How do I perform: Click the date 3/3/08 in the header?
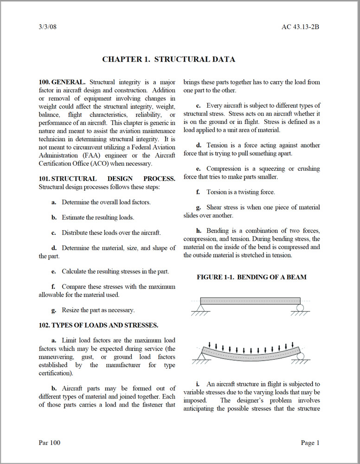click(x=48, y=26)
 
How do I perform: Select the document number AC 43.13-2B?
click(x=300, y=26)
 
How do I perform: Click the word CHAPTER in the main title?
click(x=122, y=59)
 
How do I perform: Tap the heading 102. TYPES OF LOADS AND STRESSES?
click(x=98, y=325)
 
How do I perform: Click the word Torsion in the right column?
click(x=218, y=192)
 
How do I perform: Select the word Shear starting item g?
click(x=215, y=207)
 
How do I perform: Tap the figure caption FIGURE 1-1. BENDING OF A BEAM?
click(x=251, y=277)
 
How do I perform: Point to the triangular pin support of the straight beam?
click(x=201, y=307)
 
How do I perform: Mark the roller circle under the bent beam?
click(x=300, y=356)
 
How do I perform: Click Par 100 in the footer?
click(x=49, y=443)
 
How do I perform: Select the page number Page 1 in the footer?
click(x=310, y=443)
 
